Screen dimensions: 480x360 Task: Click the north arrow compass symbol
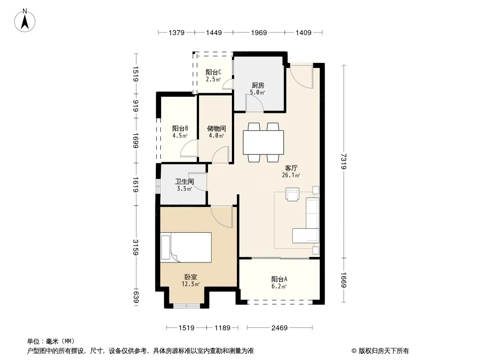(x=25, y=21)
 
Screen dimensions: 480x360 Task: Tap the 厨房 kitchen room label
(x=258, y=85)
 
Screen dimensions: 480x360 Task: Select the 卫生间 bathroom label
(x=184, y=181)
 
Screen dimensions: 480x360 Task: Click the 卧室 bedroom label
(x=191, y=277)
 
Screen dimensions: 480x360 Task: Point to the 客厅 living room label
(x=291, y=168)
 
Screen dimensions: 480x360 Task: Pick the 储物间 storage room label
(x=217, y=128)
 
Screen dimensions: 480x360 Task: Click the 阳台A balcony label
(x=279, y=279)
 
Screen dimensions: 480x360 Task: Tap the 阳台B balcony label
(x=180, y=128)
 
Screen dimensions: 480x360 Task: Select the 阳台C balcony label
(x=213, y=72)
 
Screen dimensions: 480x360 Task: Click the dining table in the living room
(x=263, y=143)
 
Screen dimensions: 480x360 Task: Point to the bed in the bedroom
(x=186, y=247)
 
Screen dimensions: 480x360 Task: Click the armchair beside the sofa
(x=292, y=194)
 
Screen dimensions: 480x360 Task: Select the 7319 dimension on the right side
(x=344, y=161)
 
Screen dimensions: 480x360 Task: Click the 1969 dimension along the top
(x=259, y=32)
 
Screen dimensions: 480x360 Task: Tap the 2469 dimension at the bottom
(x=280, y=328)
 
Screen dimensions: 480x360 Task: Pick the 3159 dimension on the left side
(x=136, y=247)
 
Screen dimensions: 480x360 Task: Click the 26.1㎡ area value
(x=291, y=175)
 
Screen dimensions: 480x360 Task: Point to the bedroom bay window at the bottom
(x=187, y=306)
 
